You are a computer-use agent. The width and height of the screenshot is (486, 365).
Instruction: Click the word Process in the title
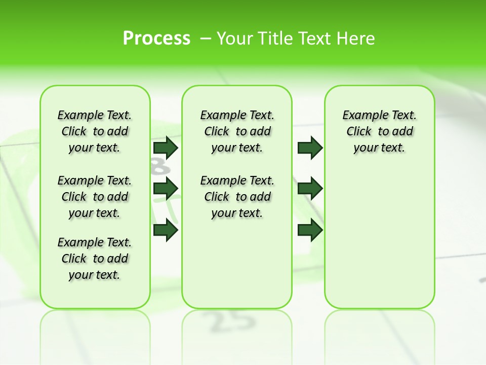pyautogui.click(x=156, y=38)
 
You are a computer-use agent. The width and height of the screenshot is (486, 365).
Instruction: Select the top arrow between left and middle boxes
pyautogui.click(x=166, y=148)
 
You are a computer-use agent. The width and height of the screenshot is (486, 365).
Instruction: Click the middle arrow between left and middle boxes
pyautogui.click(x=166, y=189)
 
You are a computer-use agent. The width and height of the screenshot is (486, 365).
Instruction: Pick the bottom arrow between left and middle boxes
pyautogui.click(x=166, y=230)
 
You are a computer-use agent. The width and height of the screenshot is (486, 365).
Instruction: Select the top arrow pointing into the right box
pyautogui.click(x=310, y=148)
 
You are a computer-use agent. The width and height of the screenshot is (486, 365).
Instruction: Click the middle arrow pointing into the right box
pyautogui.click(x=310, y=189)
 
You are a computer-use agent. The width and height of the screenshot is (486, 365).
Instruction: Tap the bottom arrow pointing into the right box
pyautogui.click(x=310, y=230)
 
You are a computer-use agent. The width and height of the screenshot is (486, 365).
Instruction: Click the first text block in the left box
pyautogui.click(x=95, y=131)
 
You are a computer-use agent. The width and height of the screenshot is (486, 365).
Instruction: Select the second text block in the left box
pyautogui.click(x=95, y=197)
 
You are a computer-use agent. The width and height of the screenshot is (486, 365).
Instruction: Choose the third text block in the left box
pyautogui.click(x=95, y=259)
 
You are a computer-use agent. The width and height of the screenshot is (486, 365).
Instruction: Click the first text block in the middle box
pyautogui.click(x=237, y=131)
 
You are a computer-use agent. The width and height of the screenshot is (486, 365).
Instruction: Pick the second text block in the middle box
pyautogui.click(x=237, y=197)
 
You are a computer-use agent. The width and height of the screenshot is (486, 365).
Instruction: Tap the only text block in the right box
pyautogui.click(x=379, y=131)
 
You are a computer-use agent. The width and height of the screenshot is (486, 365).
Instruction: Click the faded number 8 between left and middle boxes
pyautogui.click(x=158, y=166)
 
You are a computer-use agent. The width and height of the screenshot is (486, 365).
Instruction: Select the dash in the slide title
pyautogui.click(x=206, y=39)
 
